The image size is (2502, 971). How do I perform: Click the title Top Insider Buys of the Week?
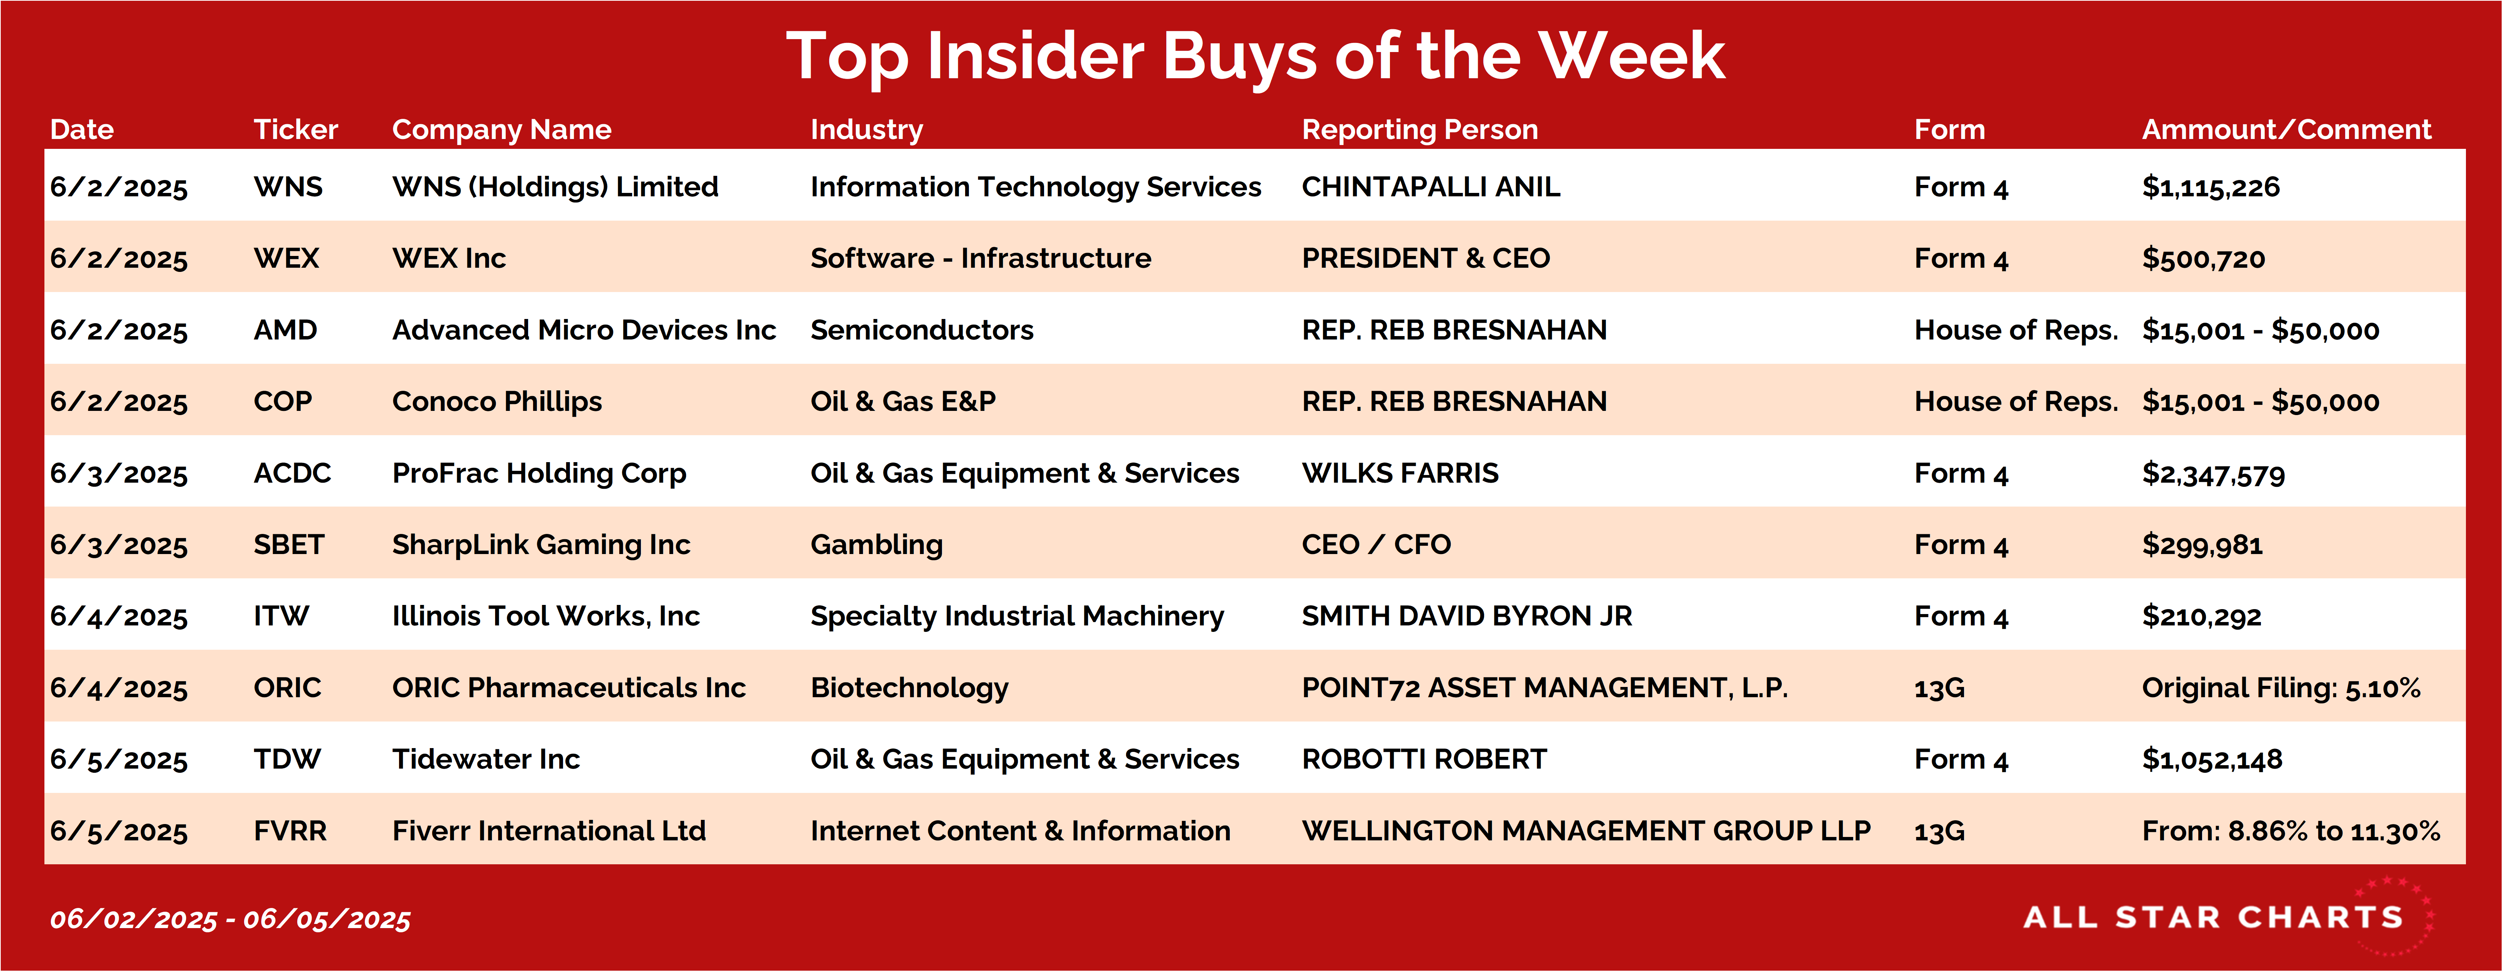[x=1255, y=56]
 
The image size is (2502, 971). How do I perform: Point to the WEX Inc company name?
[x=449, y=258]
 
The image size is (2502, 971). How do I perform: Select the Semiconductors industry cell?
[x=922, y=330]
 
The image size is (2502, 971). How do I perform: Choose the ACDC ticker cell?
[x=292, y=473]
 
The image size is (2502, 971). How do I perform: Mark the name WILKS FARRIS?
[x=1399, y=473]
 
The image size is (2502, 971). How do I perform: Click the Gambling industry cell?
[x=876, y=545]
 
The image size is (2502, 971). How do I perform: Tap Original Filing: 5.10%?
[x=2281, y=687]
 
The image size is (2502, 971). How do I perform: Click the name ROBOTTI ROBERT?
[x=1424, y=759]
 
